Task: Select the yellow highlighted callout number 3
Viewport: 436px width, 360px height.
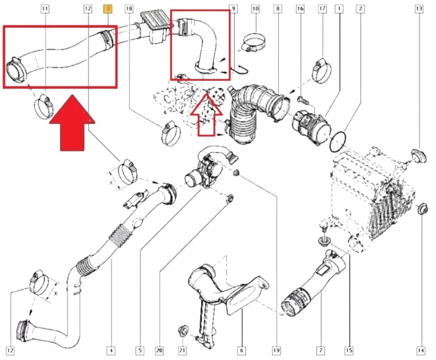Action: tap(109, 8)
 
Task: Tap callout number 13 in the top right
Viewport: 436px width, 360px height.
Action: tap(419, 8)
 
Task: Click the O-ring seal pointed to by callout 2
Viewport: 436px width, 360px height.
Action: tap(338, 142)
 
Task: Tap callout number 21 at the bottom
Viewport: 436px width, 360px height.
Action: tap(182, 350)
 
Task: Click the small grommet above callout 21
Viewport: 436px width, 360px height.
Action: tap(184, 330)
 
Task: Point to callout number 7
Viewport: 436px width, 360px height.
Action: tap(321, 350)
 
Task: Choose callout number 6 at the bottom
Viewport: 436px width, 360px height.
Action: tap(242, 350)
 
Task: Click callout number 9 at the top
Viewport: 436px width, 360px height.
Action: tap(233, 8)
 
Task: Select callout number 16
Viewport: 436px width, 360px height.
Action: tap(300, 8)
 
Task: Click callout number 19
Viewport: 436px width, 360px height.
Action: tap(276, 350)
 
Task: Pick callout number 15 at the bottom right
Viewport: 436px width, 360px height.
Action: tap(348, 350)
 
